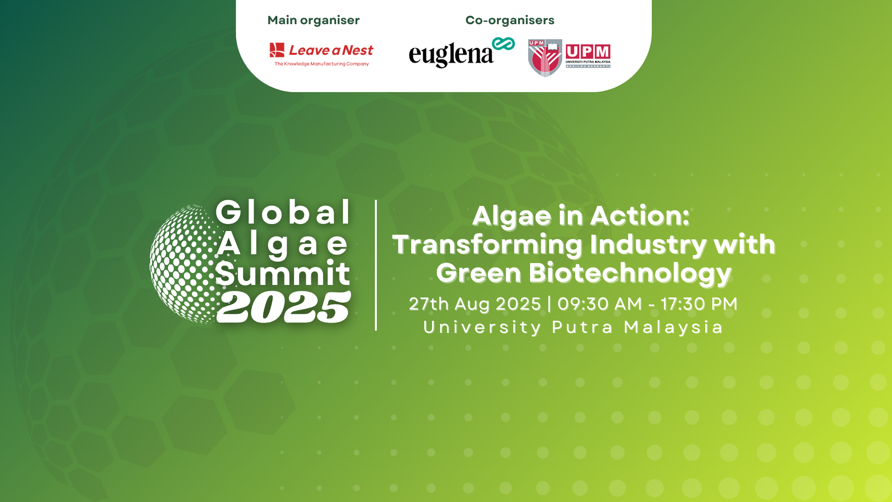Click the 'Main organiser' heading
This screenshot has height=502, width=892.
(314, 20)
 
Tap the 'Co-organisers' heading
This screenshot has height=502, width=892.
(510, 20)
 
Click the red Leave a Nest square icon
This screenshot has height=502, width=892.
(277, 50)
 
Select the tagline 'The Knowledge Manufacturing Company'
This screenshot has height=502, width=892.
(321, 64)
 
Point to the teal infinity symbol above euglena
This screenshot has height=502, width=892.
(504, 44)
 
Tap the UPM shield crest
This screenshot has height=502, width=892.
(545, 58)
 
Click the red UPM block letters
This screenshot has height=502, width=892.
(588, 52)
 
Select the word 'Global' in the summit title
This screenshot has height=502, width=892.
(283, 213)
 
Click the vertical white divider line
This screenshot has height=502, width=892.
(376, 265)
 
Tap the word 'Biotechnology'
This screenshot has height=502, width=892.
(630, 273)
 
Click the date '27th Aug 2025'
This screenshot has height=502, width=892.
(475, 304)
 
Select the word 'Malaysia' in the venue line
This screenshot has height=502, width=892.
(673, 327)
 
